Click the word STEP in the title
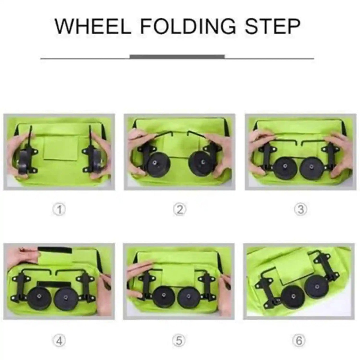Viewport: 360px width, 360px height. (272, 26)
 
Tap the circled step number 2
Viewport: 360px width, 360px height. (179, 210)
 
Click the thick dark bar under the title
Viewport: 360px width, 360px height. (177, 57)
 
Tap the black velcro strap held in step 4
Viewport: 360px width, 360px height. (55, 250)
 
